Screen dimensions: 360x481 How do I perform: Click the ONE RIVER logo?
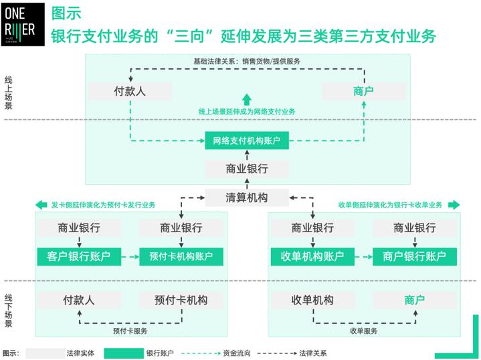point(23,23)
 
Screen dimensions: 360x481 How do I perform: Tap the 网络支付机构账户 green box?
point(247,141)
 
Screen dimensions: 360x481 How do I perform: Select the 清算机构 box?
point(247,197)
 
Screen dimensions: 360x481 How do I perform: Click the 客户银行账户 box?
point(79,256)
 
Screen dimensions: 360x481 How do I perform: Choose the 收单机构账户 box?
point(312,256)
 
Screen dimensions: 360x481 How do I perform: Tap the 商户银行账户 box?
point(415,256)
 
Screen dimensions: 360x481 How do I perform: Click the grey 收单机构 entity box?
point(312,300)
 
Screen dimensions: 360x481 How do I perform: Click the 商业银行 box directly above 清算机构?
point(247,169)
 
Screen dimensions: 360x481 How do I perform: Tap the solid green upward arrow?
point(247,99)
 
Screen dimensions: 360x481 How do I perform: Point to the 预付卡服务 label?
point(130,331)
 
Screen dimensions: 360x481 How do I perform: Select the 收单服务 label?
point(363,331)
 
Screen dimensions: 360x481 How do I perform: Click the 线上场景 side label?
point(9,92)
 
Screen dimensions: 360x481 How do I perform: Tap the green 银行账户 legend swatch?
point(124,353)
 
